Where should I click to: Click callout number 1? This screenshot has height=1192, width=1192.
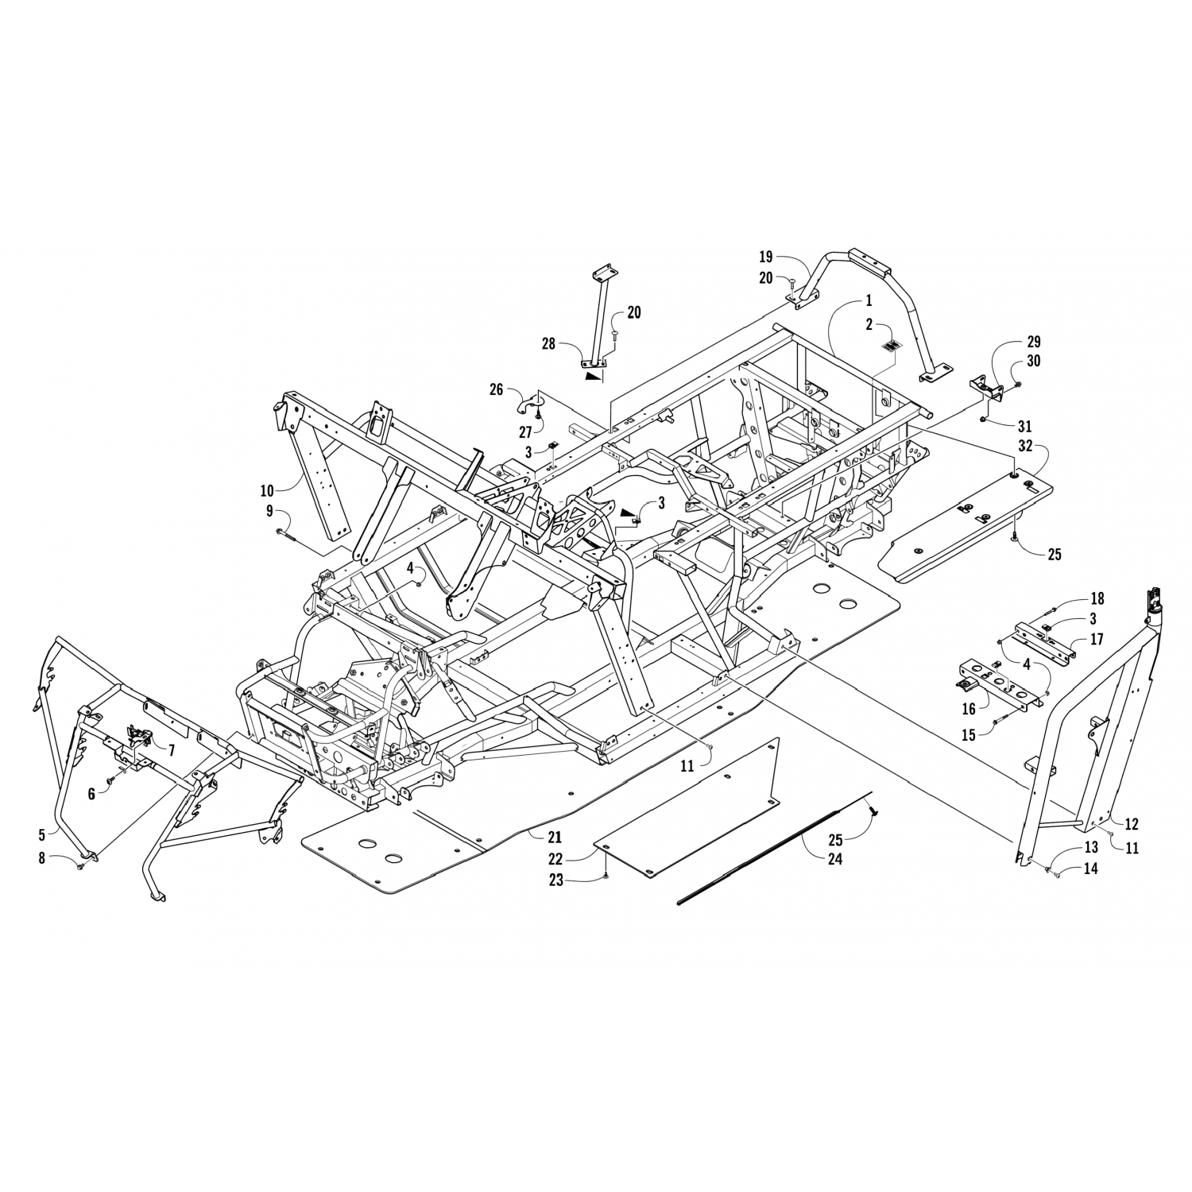(x=869, y=300)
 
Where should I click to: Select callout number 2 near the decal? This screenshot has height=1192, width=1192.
(x=869, y=324)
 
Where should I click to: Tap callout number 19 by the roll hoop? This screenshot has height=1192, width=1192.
(x=765, y=257)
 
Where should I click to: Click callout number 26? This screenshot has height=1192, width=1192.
(x=497, y=389)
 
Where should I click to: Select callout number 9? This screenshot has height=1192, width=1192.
(x=269, y=511)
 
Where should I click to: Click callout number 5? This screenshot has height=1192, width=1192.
(x=41, y=835)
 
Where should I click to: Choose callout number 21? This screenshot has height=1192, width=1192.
(x=554, y=837)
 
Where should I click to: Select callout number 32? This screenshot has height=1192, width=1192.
(x=1026, y=447)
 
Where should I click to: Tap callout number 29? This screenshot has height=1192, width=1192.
(x=1033, y=342)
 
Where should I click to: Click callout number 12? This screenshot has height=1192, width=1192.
(x=1132, y=825)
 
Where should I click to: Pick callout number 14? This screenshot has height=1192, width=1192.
(x=1090, y=869)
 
